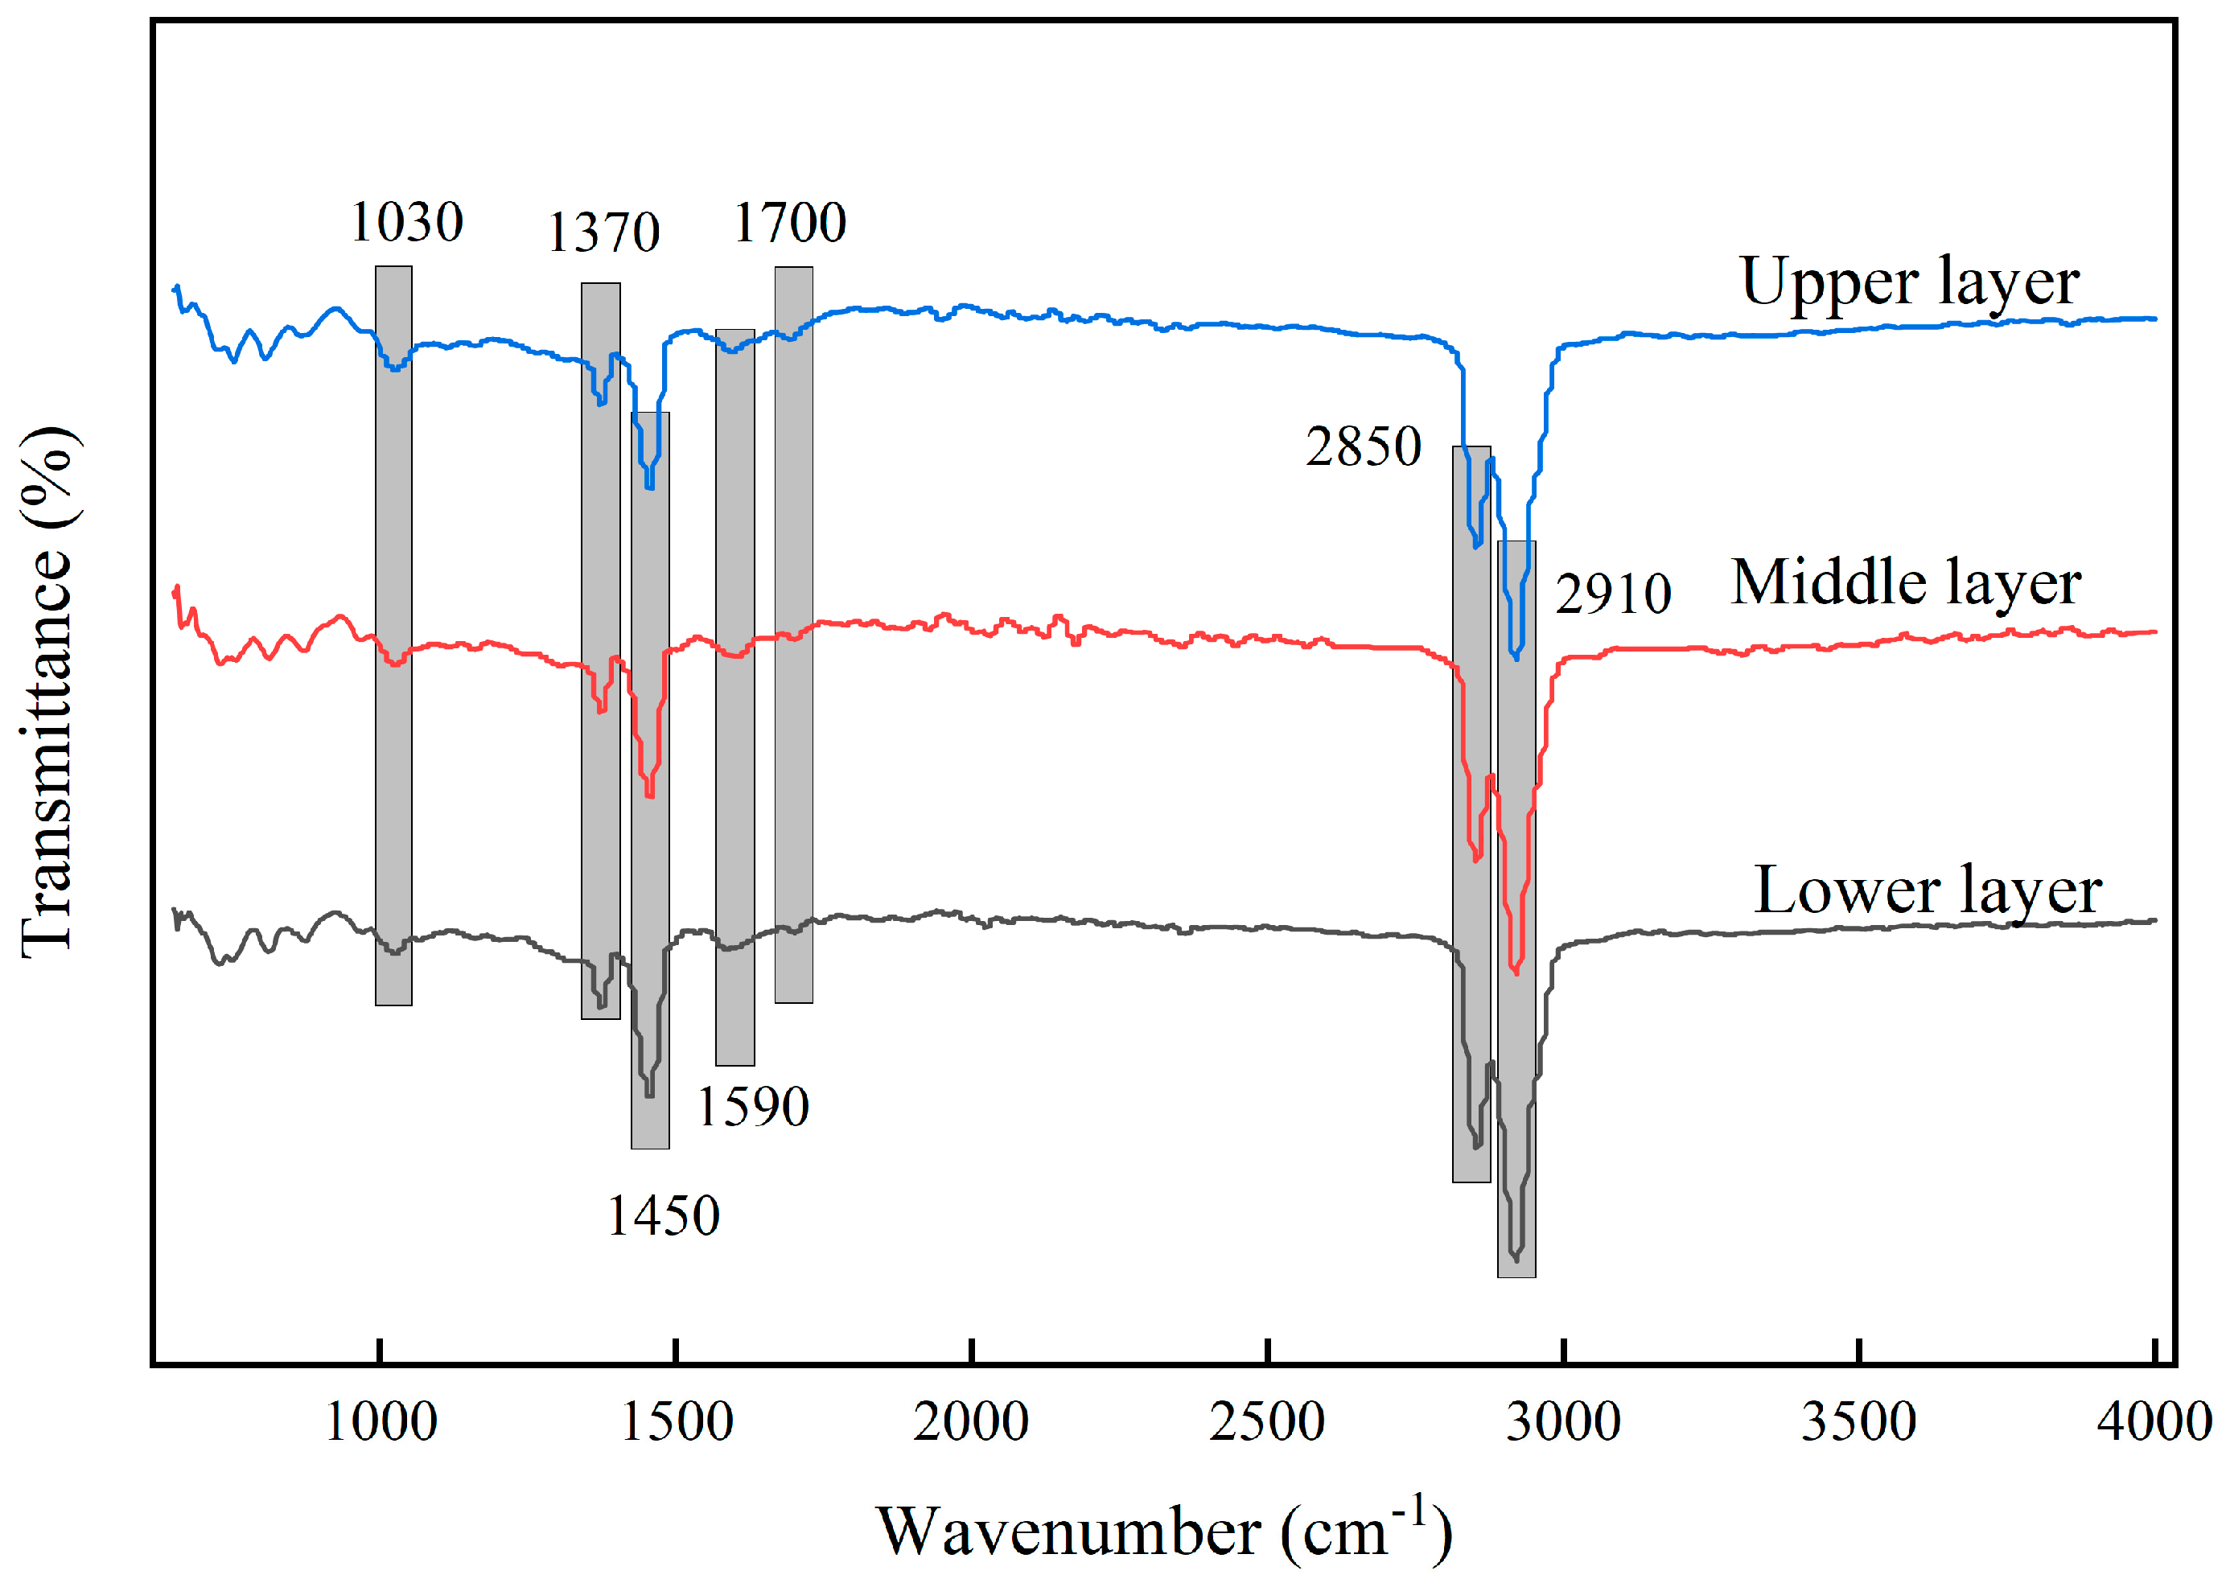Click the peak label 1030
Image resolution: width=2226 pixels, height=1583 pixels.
click(x=406, y=222)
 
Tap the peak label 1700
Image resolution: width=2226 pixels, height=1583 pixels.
click(x=789, y=222)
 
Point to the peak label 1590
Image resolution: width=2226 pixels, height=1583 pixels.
click(x=752, y=1106)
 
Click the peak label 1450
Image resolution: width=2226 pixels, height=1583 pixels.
click(x=663, y=1215)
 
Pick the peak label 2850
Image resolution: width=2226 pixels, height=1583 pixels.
click(x=1363, y=446)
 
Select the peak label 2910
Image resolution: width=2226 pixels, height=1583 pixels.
click(x=1613, y=593)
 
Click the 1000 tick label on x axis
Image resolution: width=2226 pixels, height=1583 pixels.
click(x=380, y=1421)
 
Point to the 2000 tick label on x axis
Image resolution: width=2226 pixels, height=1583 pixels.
click(x=971, y=1421)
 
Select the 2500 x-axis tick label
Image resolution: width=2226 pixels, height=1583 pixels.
click(x=1267, y=1421)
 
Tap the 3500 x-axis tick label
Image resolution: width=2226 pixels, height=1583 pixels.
click(x=1858, y=1421)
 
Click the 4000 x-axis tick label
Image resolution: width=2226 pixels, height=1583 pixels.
click(x=2154, y=1421)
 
